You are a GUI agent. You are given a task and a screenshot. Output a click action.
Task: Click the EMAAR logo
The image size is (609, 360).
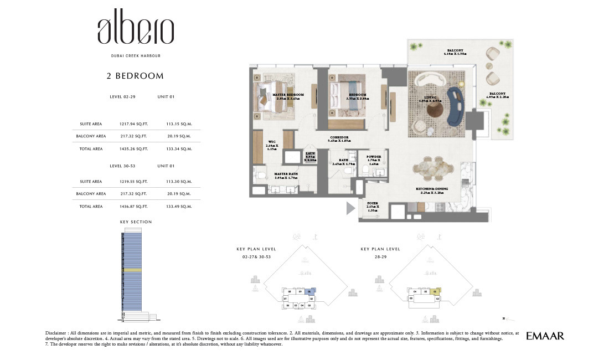pos(545,336)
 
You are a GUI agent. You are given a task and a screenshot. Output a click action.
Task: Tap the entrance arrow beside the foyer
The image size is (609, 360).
pos(350,209)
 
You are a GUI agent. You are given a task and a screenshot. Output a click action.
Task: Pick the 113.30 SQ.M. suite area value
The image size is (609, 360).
pos(179,181)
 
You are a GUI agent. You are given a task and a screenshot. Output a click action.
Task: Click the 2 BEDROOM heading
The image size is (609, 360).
pos(135,76)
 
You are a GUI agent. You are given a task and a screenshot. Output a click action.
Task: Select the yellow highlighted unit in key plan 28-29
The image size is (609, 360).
pos(436,291)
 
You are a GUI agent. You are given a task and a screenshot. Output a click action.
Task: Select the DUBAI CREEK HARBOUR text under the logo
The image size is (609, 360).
pos(136,56)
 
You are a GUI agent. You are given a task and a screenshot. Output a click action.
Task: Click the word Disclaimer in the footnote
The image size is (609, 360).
pos(58,332)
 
